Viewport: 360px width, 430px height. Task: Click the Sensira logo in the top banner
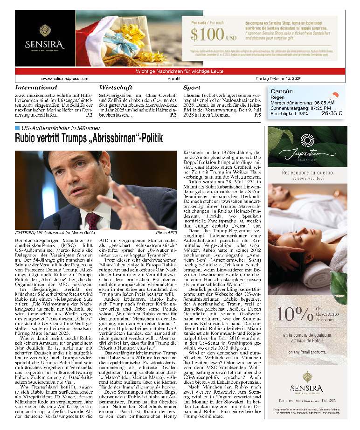coord(45,37)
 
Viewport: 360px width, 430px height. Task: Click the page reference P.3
coord(173,115)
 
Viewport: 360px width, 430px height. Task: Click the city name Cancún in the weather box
coord(282,91)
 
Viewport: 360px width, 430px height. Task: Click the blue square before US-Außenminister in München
coord(17,127)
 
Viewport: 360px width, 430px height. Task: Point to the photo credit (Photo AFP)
coord(166,232)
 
